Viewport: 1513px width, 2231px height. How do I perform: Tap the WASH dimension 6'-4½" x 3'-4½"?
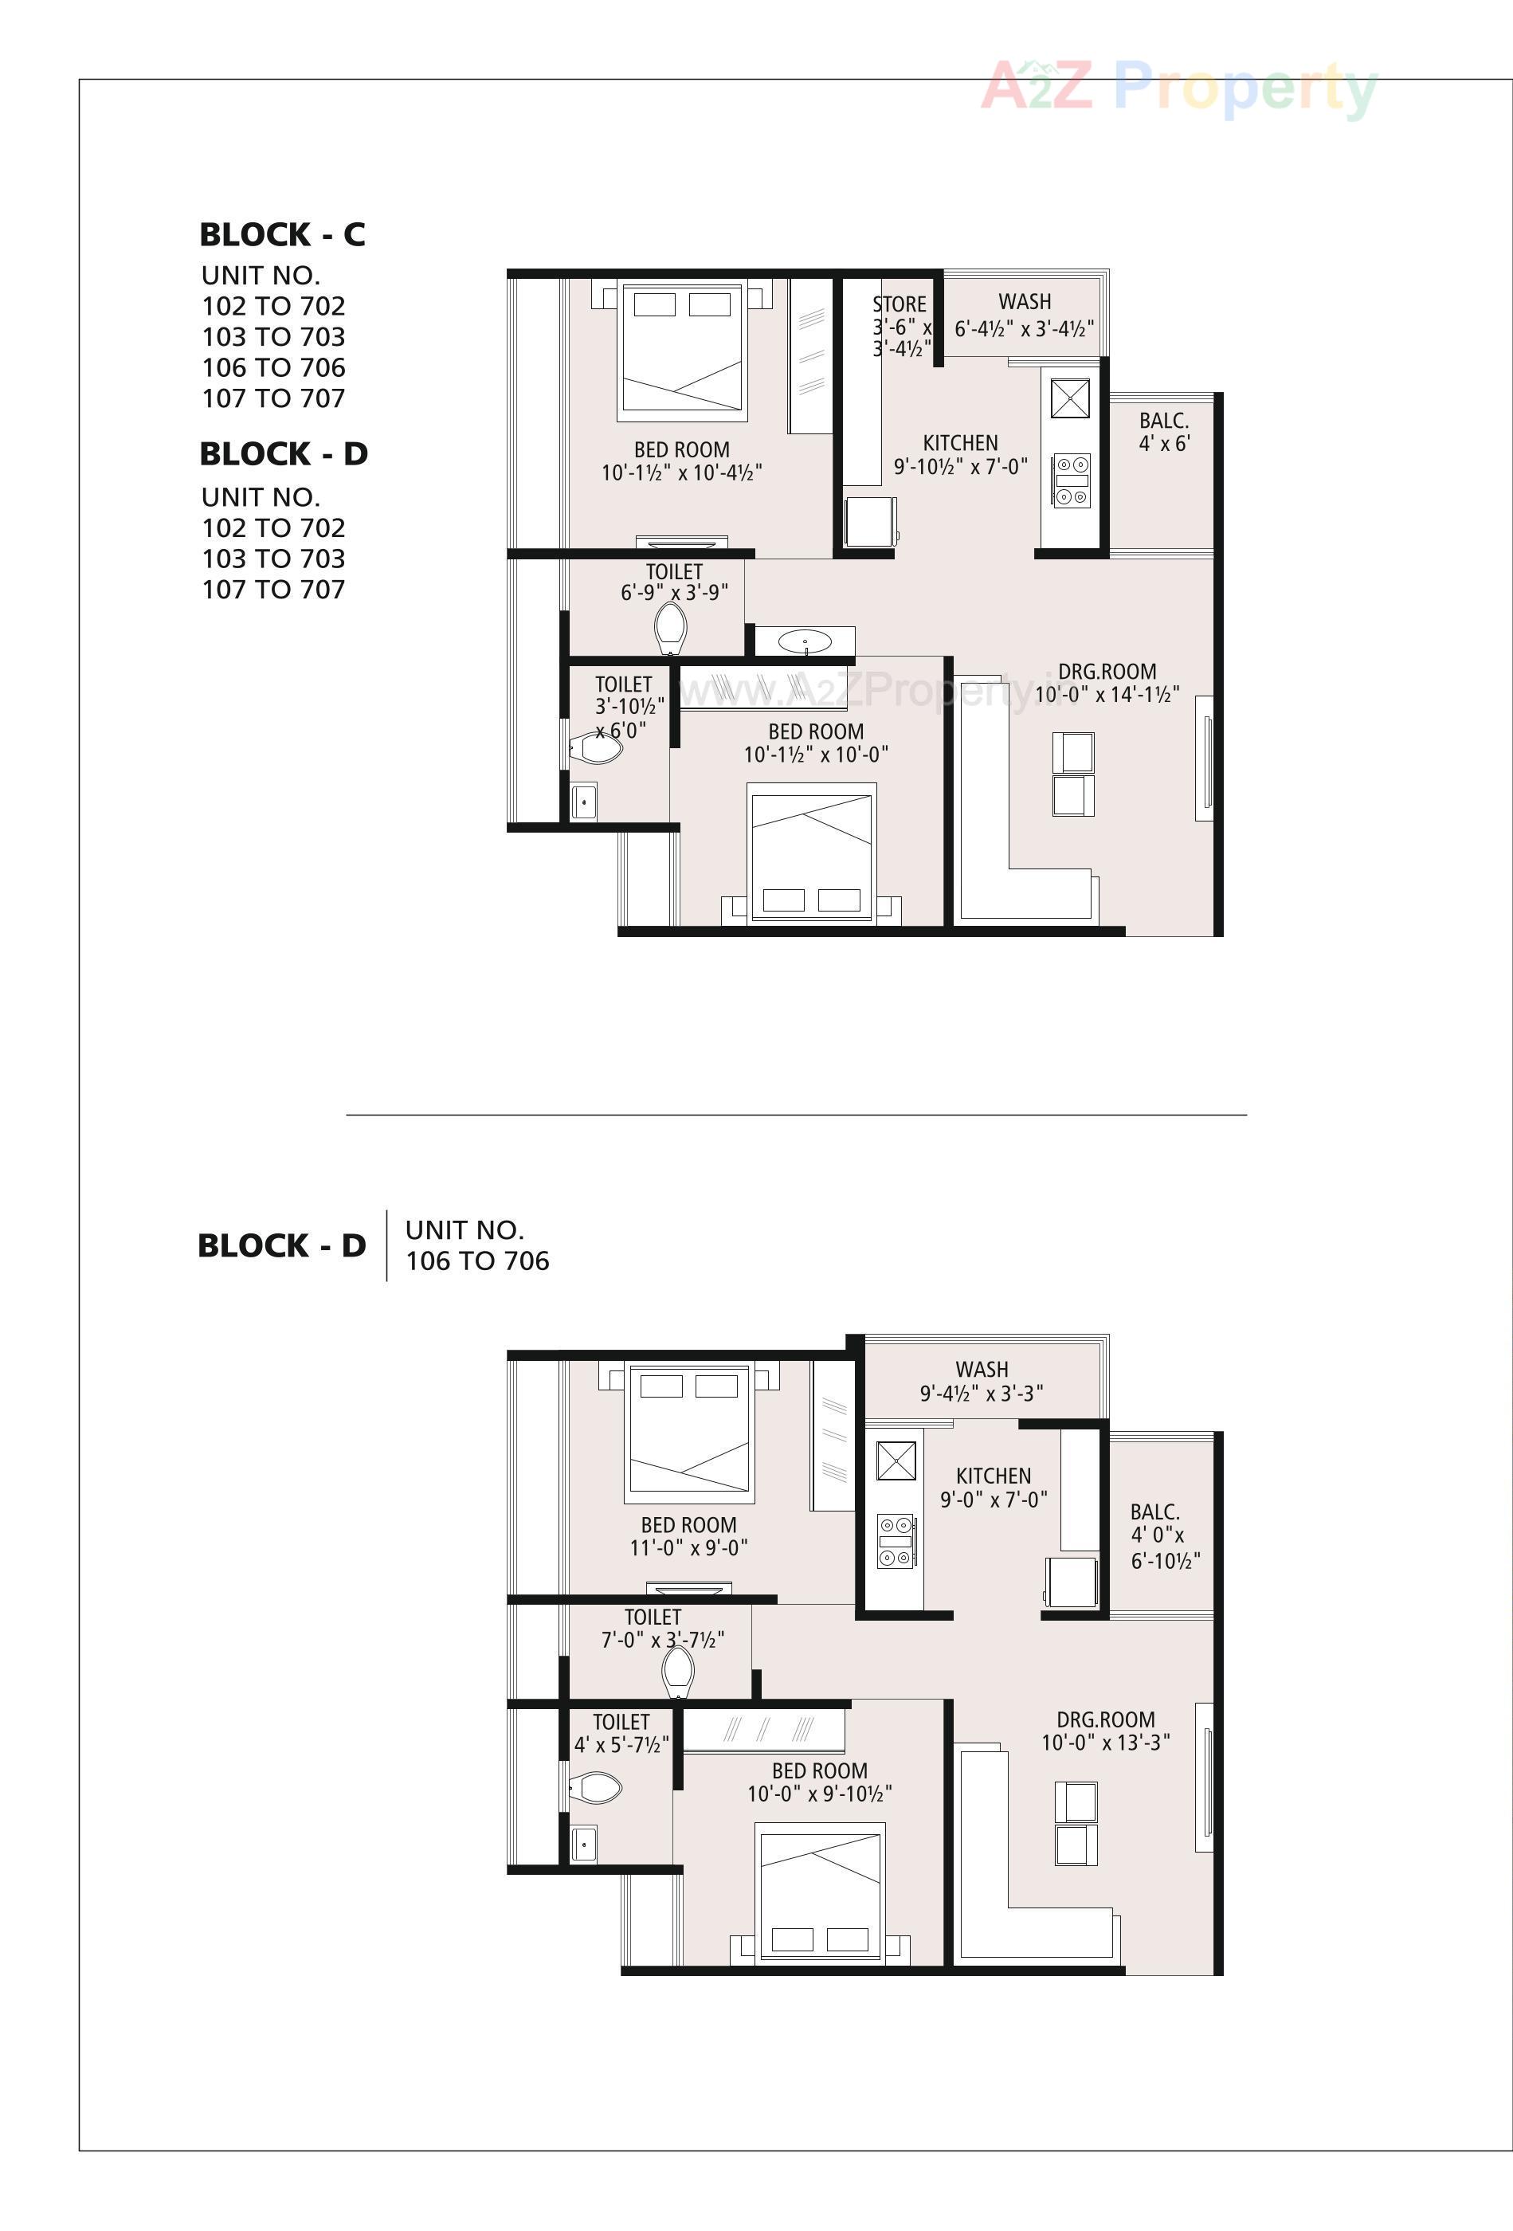point(1023,329)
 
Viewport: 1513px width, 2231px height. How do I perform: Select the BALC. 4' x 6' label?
point(1163,432)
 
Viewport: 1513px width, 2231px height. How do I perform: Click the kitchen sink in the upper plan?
point(1069,398)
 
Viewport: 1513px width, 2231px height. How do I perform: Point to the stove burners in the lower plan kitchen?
point(895,1541)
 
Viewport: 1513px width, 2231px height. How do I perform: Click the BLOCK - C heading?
point(282,234)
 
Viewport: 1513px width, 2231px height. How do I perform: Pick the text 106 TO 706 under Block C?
point(273,367)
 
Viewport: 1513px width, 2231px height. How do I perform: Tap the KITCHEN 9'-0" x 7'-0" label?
point(993,1487)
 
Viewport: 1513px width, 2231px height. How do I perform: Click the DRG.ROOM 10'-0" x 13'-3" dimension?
point(1105,1743)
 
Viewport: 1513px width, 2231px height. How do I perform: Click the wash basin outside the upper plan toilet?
point(805,641)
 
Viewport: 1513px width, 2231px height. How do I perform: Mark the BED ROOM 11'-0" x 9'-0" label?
point(688,1536)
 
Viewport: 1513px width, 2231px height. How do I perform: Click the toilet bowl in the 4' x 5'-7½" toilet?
point(595,1787)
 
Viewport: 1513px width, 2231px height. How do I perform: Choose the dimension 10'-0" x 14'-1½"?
point(1107,694)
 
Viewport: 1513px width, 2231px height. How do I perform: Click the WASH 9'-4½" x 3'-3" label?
point(981,1381)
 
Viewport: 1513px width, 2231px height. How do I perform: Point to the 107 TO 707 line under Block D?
point(273,590)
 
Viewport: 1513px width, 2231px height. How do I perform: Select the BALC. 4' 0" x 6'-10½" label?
point(1163,1536)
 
